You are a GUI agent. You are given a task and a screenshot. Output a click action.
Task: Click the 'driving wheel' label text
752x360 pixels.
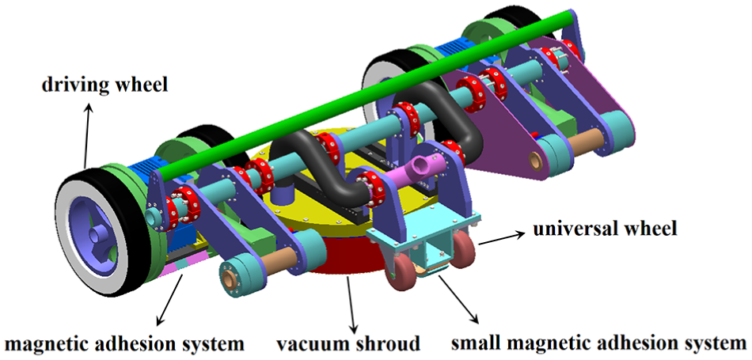104,85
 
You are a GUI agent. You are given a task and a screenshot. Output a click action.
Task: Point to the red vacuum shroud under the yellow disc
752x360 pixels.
345,256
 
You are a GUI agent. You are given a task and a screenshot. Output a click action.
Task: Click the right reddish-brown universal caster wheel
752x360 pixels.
464,247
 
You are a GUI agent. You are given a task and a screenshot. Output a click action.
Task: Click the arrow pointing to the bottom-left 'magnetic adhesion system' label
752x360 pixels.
173,298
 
